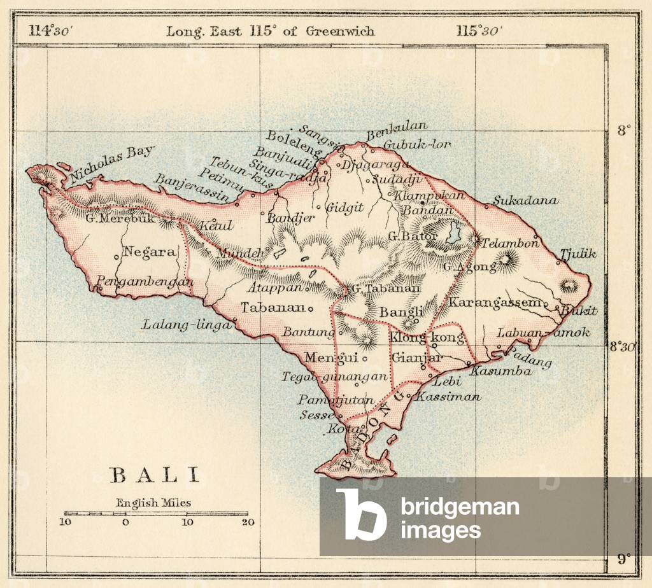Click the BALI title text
[x=155, y=475]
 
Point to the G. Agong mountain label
[x=469, y=267]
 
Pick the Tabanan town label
[x=273, y=308]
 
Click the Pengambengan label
[x=145, y=281]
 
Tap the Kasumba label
[x=500, y=371]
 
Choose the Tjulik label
[x=578, y=254]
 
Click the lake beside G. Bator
[x=453, y=232]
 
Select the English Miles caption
[x=153, y=503]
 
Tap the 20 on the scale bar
[x=248, y=522]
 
